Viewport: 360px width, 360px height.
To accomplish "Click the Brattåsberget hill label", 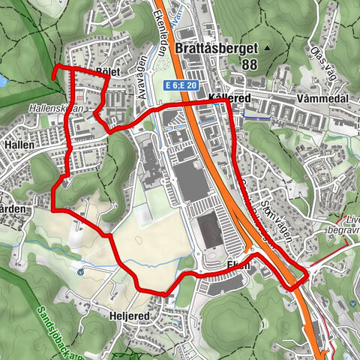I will [216, 49].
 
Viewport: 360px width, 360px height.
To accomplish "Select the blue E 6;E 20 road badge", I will [180, 85].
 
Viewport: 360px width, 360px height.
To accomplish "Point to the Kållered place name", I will [209, 98].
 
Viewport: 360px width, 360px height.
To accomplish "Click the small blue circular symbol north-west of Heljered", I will [80, 271].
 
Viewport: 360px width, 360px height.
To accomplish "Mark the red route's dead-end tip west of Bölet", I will [54, 73].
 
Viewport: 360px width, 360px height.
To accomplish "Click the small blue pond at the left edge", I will [3, 79].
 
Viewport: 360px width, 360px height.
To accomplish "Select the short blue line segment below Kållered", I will [255, 117].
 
